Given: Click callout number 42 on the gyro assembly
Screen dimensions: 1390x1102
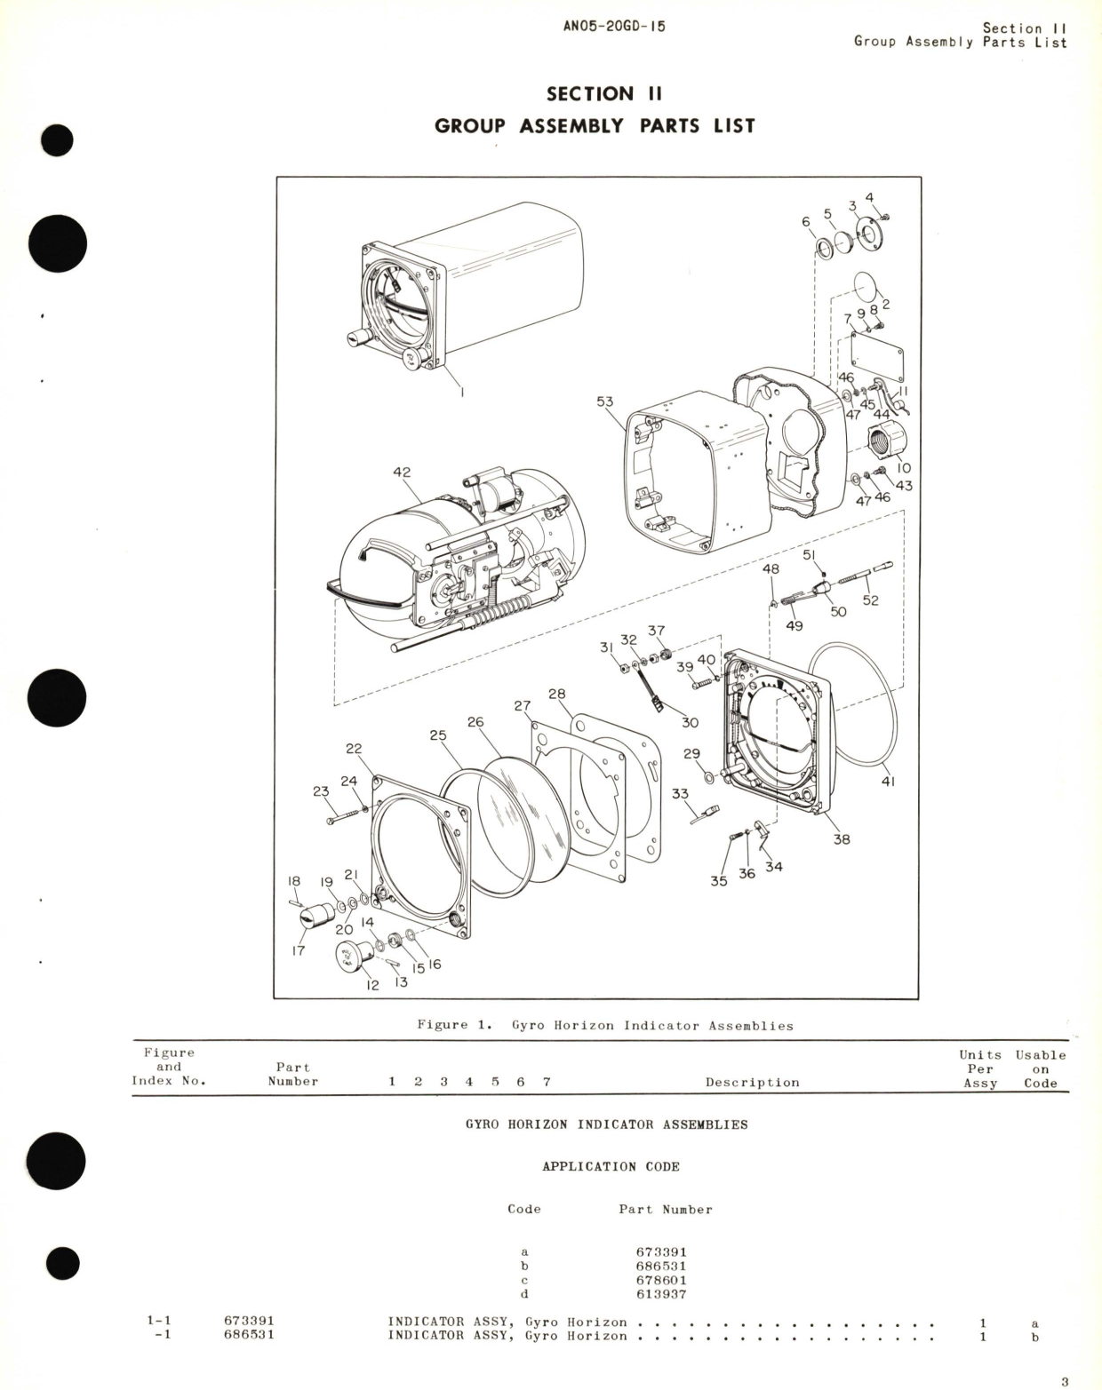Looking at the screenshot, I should click(x=402, y=473).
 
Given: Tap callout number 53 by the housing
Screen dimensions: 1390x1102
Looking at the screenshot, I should click(x=604, y=401).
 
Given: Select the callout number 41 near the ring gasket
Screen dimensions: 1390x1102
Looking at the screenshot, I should click(x=888, y=782).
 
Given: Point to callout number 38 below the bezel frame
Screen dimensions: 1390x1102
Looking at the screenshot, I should click(x=841, y=838).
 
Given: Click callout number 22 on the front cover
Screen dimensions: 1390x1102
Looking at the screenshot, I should click(x=354, y=749).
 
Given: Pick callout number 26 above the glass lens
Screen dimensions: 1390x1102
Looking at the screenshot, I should click(x=475, y=722).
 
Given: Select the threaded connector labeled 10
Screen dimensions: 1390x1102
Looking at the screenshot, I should click(x=885, y=441).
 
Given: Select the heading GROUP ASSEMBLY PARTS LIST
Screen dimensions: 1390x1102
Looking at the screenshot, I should click(x=595, y=125).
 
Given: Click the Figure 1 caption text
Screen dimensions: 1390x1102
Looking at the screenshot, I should click(x=605, y=1025).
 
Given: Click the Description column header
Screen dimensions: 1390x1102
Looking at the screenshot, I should click(x=752, y=1082).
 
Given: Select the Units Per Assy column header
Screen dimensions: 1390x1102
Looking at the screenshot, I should click(x=980, y=1068).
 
